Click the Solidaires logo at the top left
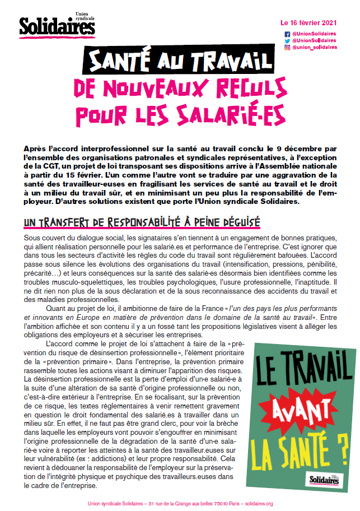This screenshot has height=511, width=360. (49, 25)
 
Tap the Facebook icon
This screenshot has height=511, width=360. (288, 34)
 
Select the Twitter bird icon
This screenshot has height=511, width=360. (288, 41)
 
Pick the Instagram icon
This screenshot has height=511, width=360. (288, 48)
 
